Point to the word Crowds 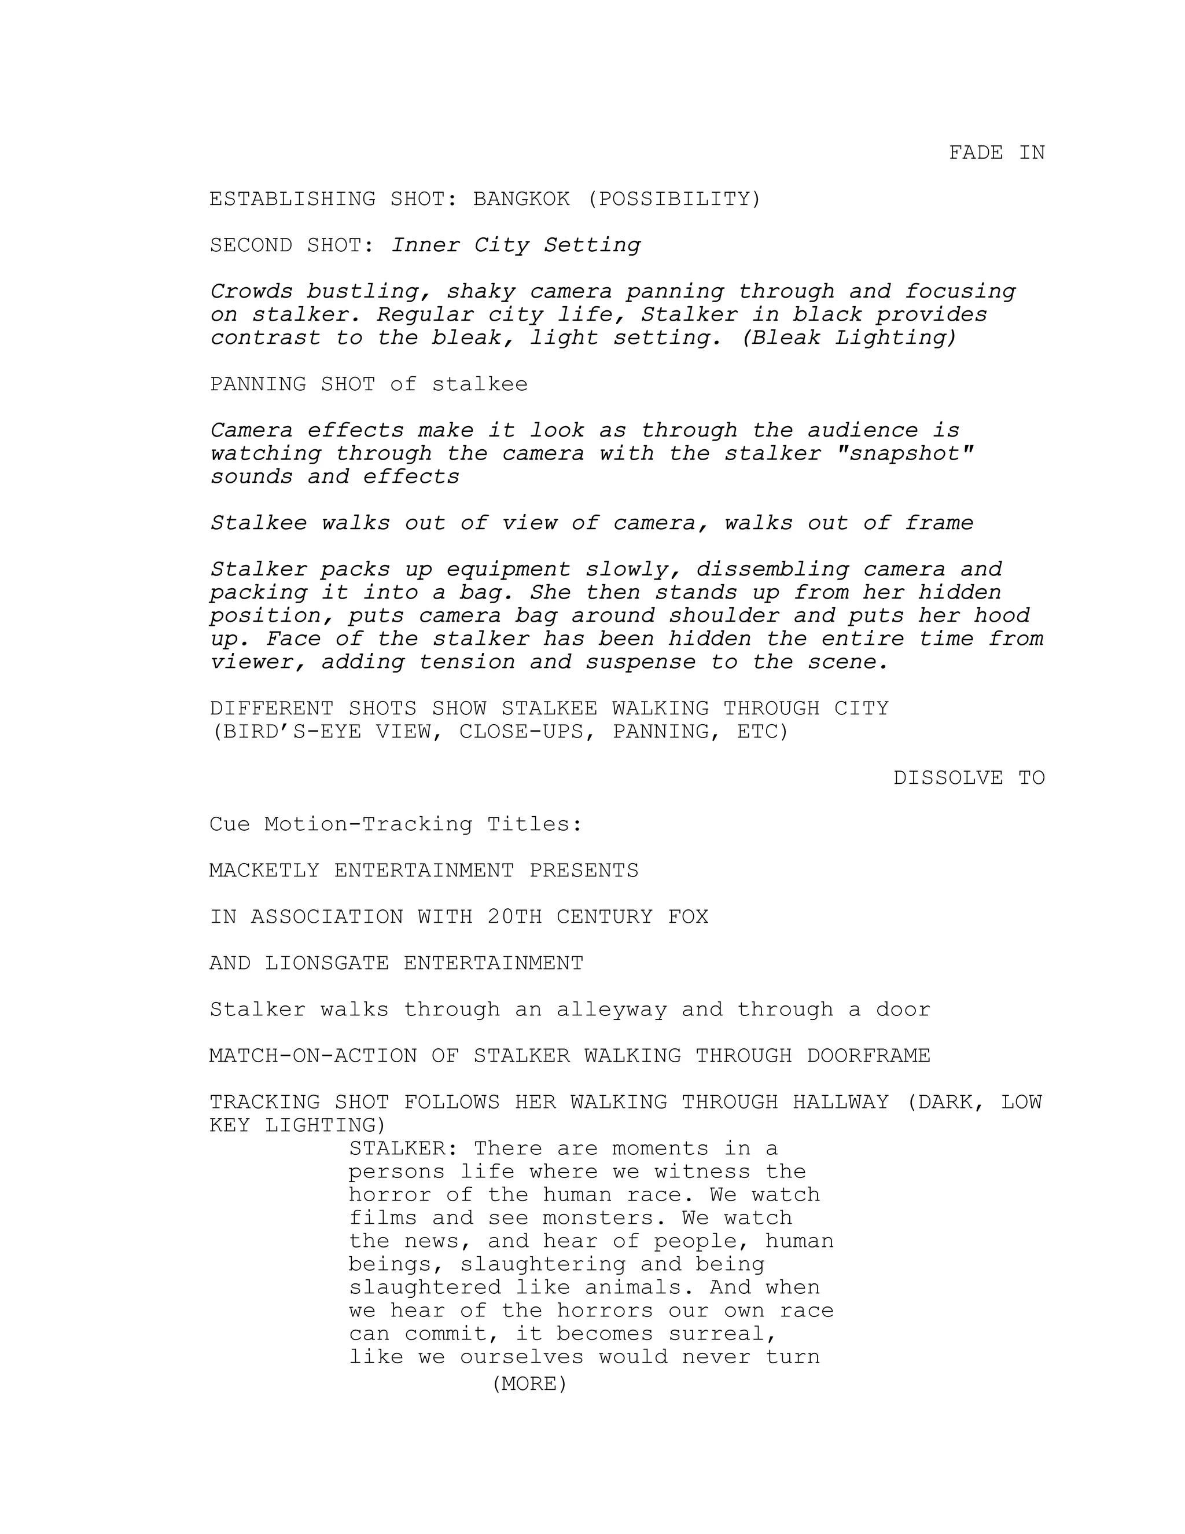point(251,292)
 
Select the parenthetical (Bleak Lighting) point(849,339)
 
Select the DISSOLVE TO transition point(969,778)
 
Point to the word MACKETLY point(264,871)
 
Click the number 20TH point(514,918)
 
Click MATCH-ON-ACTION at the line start point(313,1056)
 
